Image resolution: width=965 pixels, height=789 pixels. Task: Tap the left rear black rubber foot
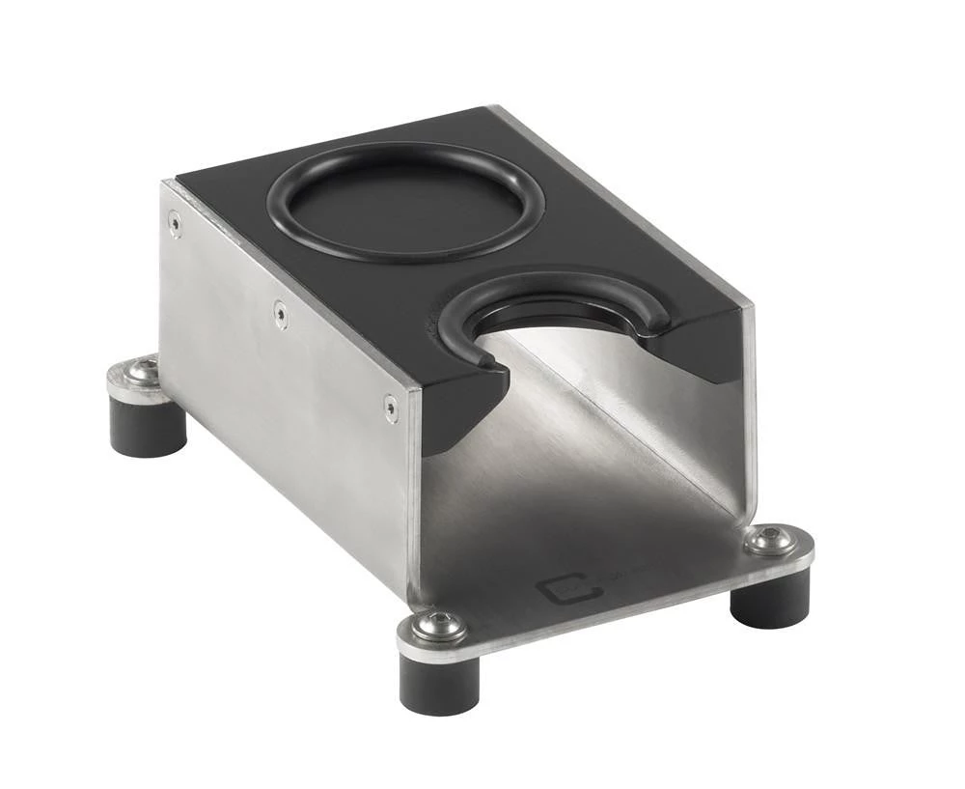[x=147, y=426]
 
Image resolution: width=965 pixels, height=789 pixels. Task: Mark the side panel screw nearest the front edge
[x=391, y=408]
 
